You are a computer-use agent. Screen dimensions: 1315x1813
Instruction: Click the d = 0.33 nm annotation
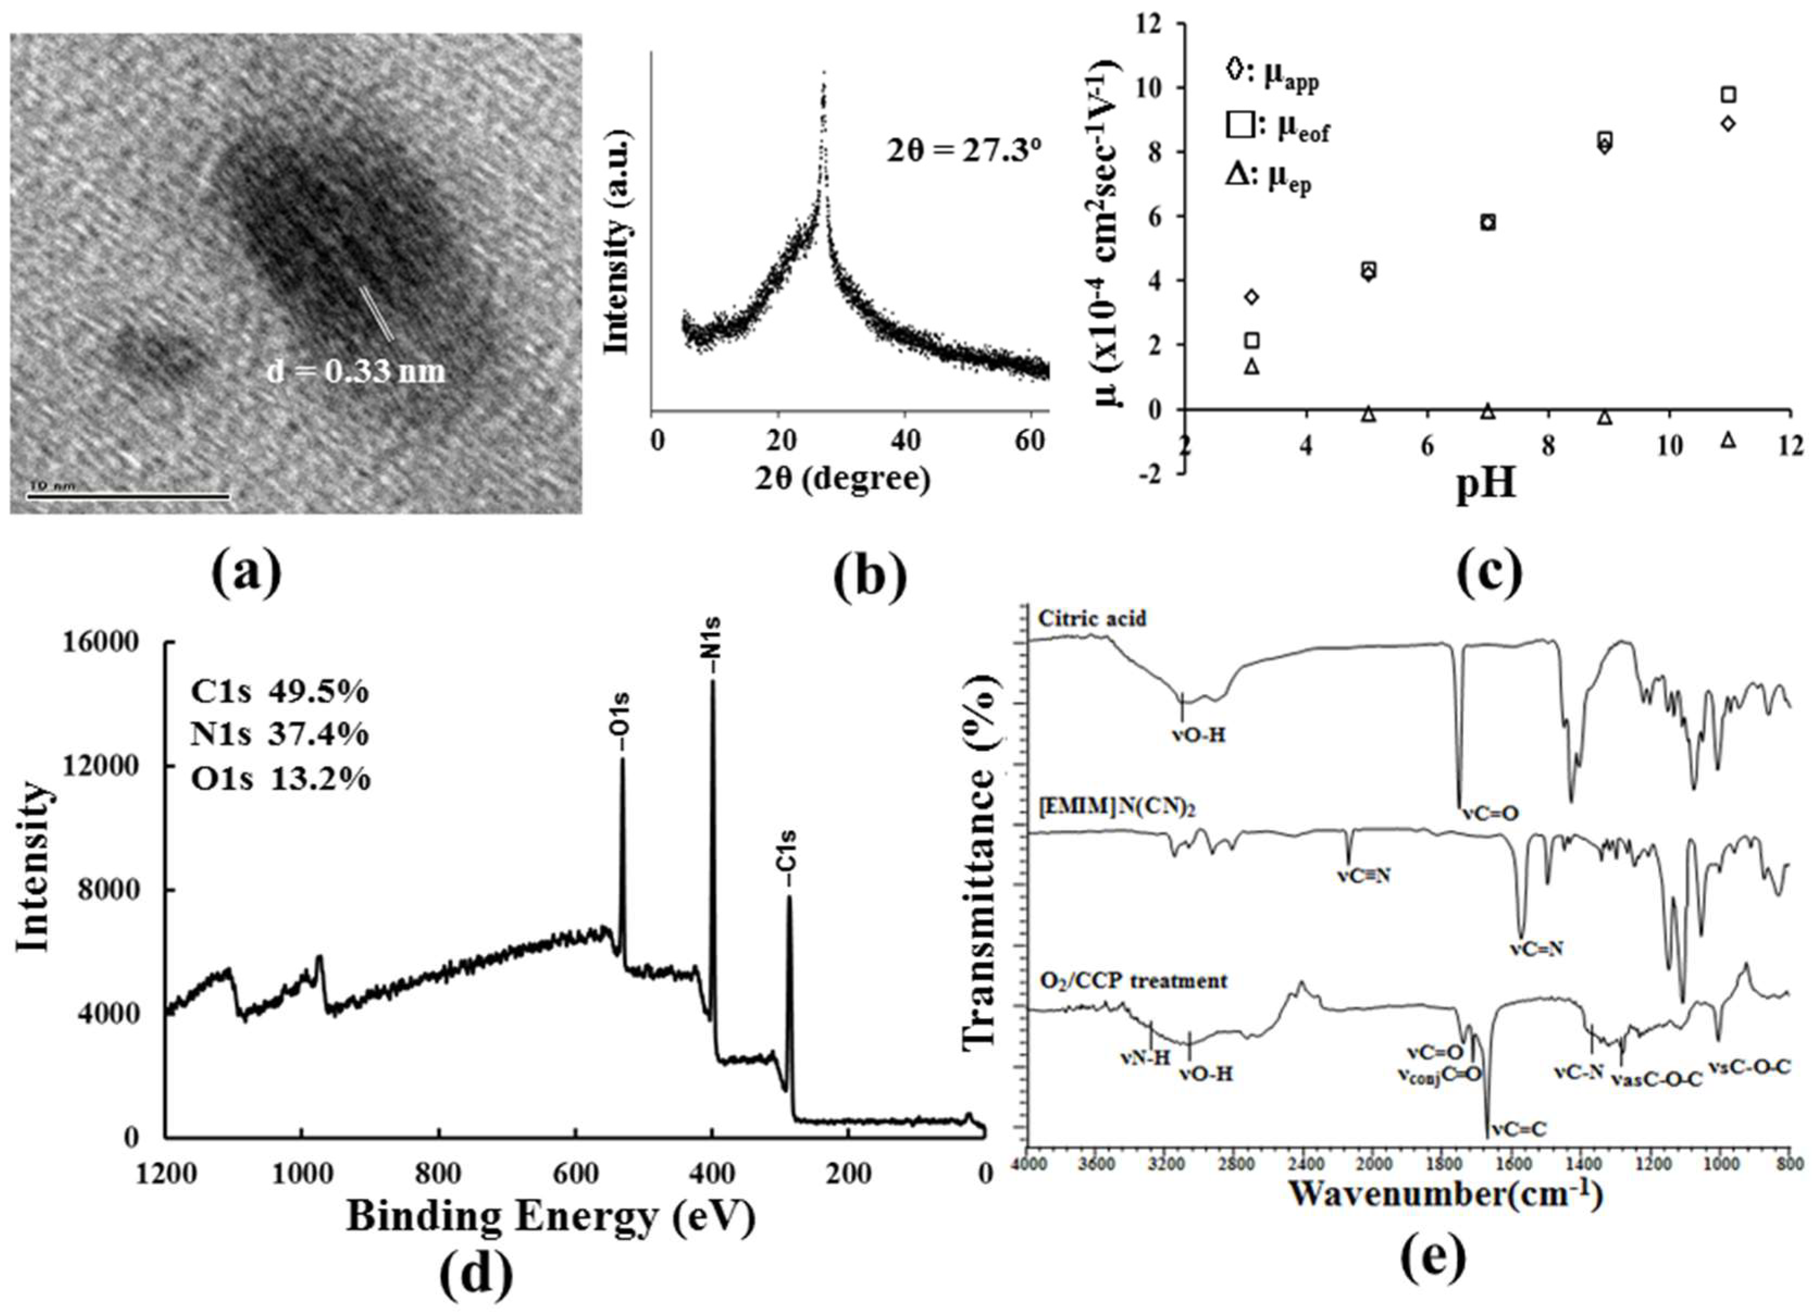point(355,372)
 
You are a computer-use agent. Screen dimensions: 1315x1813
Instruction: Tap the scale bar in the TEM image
point(128,496)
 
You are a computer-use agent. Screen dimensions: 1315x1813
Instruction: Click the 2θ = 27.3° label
point(963,151)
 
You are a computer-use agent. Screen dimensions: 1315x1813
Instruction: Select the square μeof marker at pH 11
point(1728,95)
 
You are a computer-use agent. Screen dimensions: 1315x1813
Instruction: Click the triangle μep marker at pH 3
point(1252,366)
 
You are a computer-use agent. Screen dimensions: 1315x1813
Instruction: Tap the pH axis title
point(1485,484)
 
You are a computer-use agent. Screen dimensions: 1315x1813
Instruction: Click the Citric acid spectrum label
point(1091,619)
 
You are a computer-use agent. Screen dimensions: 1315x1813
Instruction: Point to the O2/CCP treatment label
point(1132,980)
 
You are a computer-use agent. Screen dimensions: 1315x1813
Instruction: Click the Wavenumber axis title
point(1446,1195)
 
